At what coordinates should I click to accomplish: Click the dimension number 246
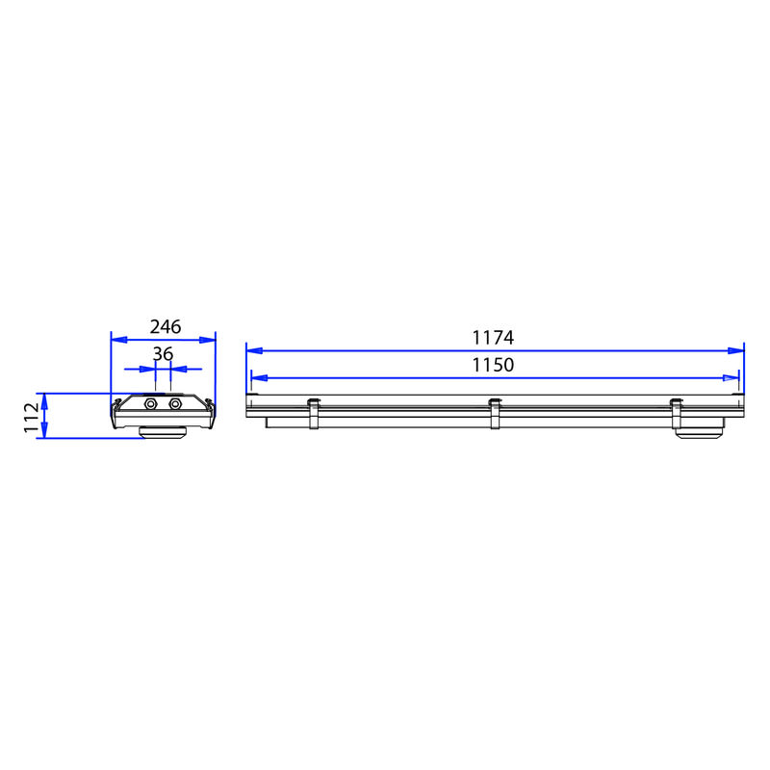click(x=166, y=326)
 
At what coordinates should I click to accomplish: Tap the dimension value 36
click(x=163, y=353)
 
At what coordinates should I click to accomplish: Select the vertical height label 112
click(x=32, y=418)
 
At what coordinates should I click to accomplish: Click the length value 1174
click(x=493, y=338)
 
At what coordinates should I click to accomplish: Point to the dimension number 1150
click(x=493, y=365)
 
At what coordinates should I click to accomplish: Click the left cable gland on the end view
click(x=150, y=404)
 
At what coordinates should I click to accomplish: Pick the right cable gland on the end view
click(x=175, y=404)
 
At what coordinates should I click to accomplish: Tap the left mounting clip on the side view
click(x=314, y=414)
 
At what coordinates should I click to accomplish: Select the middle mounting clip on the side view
click(x=495, y=414)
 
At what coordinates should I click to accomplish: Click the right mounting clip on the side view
click(x=677, y=414)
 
